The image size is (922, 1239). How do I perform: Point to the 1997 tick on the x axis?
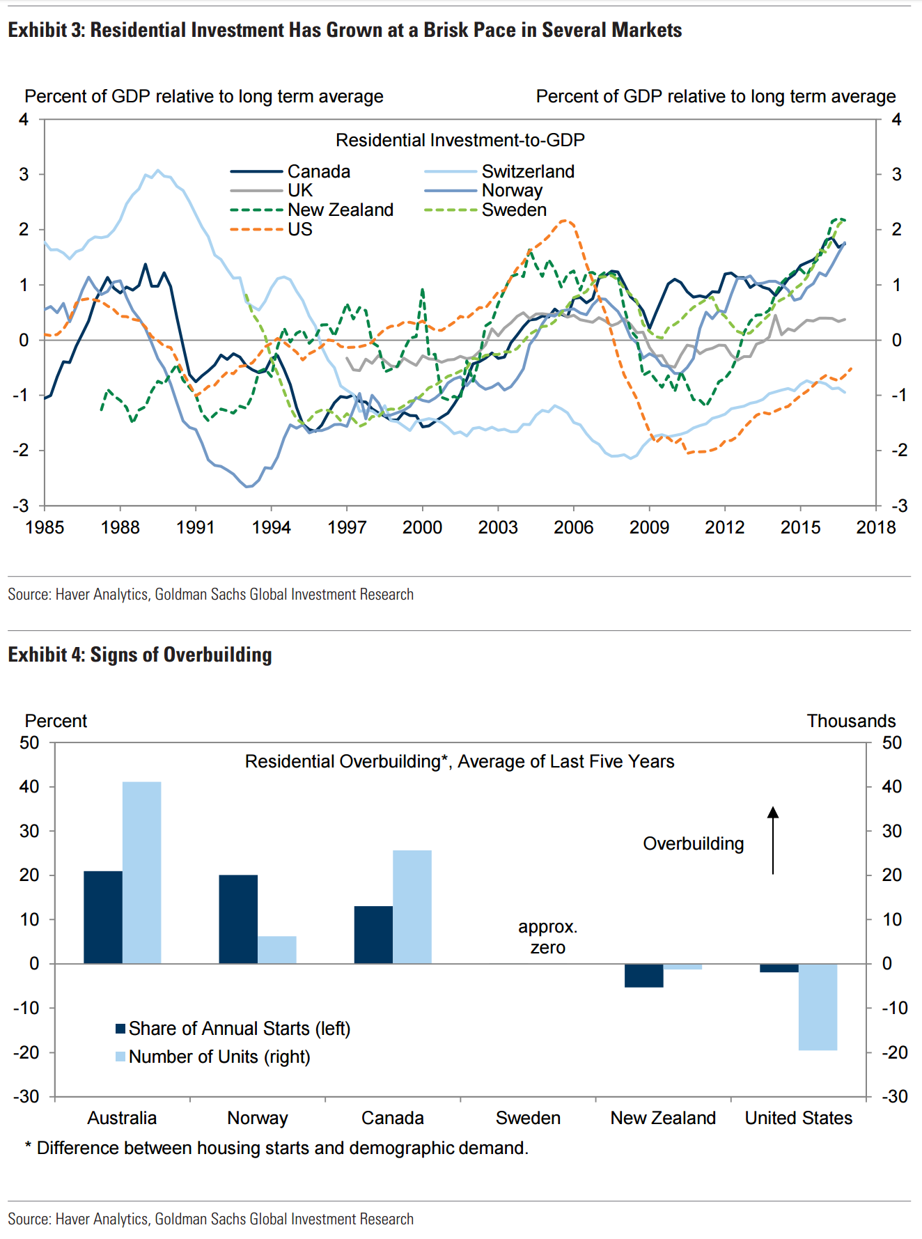(x=347, y=527)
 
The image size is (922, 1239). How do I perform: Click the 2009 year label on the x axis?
(x=649, y=527)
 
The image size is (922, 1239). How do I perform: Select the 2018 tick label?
(x=875, y=527)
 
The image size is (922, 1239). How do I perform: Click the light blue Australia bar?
(x=141, y=872)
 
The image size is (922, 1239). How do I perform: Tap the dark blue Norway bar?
(x=238, y=919)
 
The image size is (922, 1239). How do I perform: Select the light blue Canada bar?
(x=412, y=906)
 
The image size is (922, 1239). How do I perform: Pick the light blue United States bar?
(x=818, y=1006)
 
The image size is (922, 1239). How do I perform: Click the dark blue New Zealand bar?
(x=643, y=975)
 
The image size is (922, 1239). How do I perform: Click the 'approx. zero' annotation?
(x=548, y=937)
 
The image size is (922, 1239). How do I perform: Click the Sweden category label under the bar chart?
(x=528, y=1118)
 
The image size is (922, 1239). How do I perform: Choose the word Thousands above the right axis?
(x=851, y=721)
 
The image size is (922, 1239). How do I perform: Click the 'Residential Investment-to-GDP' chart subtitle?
(x=460, y=140)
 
